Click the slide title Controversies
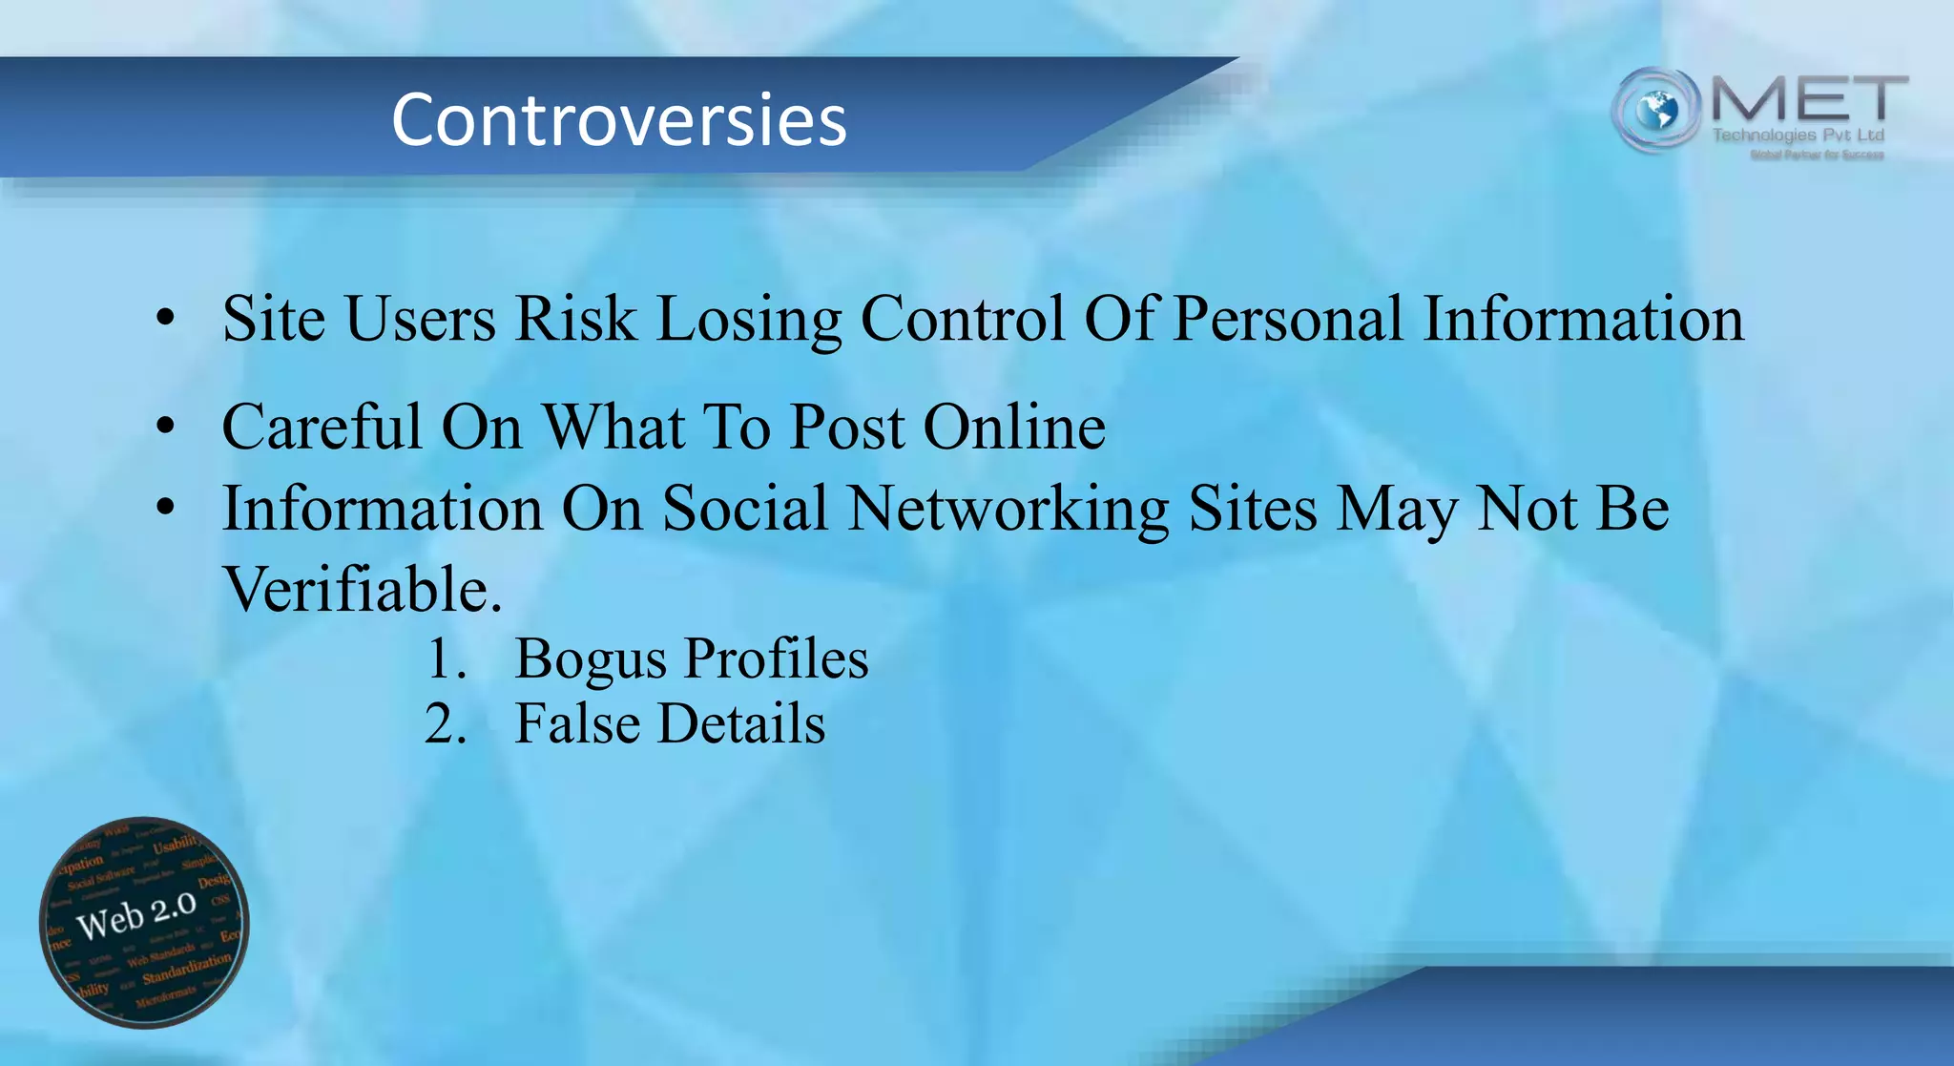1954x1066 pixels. point(618,120)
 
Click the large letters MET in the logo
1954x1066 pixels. point(1808,100)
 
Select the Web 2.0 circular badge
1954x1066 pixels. point(144,922)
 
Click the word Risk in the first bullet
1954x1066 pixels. point(575,318)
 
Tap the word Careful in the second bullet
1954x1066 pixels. point(322,426)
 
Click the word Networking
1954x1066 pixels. point(1008,509)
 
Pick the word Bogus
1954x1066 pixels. point(591,659)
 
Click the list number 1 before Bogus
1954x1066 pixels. point(445,659)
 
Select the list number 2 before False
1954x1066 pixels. point(445,723)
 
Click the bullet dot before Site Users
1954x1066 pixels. point(166,319)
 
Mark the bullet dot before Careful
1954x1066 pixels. point(166,427)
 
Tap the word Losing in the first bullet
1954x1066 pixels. point(748,320)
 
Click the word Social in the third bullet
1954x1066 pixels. point(744,508)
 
